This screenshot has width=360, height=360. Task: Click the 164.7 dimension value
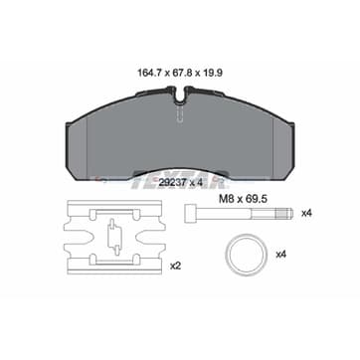coord(149,74)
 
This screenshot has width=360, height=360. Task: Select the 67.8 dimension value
coord(182,74)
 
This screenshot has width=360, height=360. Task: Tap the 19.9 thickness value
coord(213,74)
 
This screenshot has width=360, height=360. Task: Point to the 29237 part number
coord(171,182)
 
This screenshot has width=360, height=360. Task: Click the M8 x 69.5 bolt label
coord(244,199)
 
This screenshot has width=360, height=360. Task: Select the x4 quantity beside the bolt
coord(307,213)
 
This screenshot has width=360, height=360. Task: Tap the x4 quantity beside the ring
coord(280,255)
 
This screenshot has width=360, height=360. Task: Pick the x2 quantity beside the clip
coord(175,266)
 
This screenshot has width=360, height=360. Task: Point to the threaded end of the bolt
coord(284,213)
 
